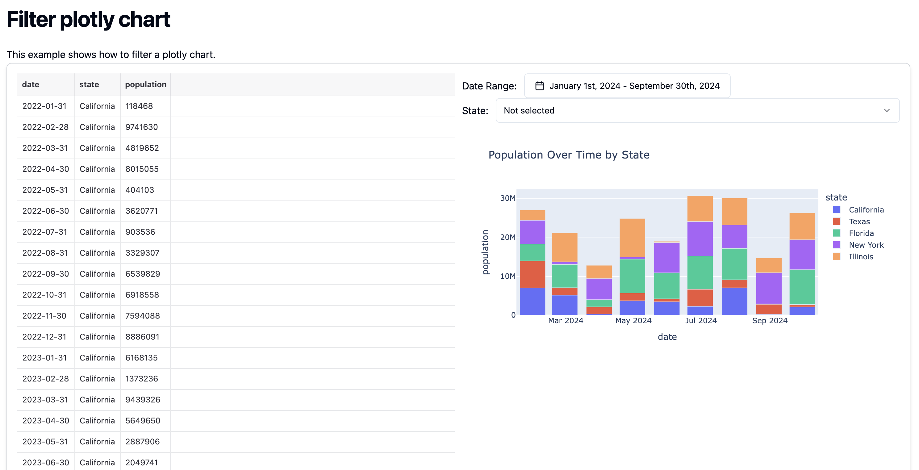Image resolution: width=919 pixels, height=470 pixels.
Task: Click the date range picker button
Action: (627, 86)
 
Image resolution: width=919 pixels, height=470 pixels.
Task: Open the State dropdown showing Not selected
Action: (697, 110)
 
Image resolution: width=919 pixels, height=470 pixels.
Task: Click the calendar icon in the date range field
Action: (539, 86)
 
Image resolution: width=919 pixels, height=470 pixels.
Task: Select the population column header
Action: (146, 85)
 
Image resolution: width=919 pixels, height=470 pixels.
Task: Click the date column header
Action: (31, 85)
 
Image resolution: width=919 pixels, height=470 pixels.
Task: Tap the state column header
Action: (89, 85)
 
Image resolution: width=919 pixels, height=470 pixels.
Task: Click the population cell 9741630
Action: (141, 127)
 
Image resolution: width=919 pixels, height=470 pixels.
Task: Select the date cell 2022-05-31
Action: (45, 190)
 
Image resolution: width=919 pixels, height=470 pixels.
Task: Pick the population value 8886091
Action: (142, 337)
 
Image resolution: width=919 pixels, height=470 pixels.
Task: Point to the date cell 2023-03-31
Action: (45, 399)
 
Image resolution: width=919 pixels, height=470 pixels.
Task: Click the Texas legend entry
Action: (859, 222)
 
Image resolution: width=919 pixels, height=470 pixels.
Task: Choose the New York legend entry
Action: (866, 245)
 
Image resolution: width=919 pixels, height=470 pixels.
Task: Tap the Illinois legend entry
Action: (860, 257)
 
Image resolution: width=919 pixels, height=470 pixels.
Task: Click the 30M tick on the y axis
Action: (507, 198)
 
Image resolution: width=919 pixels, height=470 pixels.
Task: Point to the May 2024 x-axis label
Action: (633, 321)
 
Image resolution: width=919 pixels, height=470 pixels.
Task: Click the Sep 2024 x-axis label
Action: (770, 321)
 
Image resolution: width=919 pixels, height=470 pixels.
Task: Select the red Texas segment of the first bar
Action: (532, 274)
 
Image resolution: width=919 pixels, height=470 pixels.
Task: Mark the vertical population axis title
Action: (485, 252)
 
